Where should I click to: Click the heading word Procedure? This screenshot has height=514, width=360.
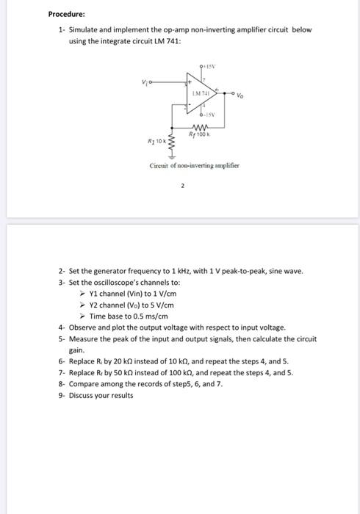66,14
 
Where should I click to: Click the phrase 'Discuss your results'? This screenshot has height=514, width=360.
101,396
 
